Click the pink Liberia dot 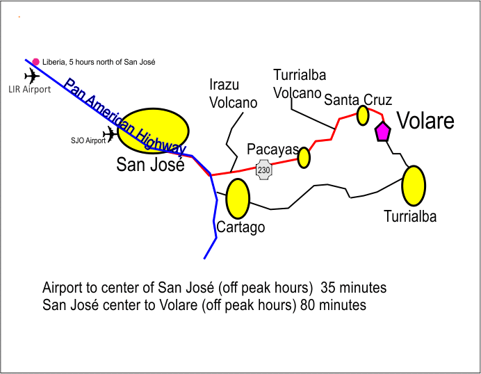coord(36,61)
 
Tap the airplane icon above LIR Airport coord(32,76)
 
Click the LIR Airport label coord(30,90)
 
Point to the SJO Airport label coord(88,140)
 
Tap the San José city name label coord(150,165)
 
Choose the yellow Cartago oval coord(238,197)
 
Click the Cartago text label coord(241,227)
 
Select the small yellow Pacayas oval coord(304,158)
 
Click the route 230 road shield coord(263,170)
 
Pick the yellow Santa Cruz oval coord(362,115)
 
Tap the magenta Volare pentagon coord(382,131)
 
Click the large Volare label coord(425,121)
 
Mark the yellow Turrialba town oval coord(414,186)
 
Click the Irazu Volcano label coord(233,93)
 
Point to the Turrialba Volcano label coord(299,83)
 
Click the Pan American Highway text coord(125,116)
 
